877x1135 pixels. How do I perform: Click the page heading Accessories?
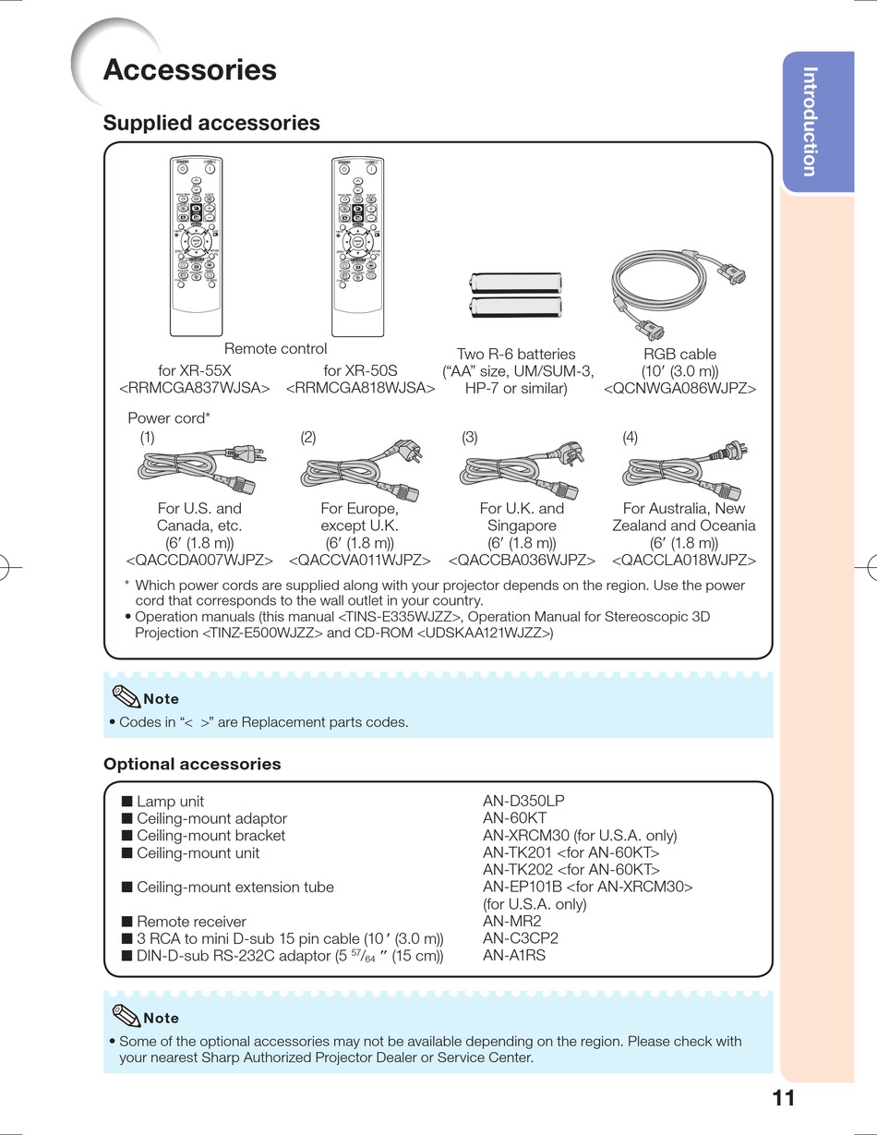[x=189, y=70]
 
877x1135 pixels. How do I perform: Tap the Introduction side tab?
[x=810, y=121]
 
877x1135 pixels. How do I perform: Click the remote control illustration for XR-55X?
[x=197, y=246]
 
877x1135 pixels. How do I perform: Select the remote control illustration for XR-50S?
[x=357, y=246]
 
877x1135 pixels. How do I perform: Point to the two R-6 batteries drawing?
[x=518, y=296]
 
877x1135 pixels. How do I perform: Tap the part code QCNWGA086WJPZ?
[x=679, y=389]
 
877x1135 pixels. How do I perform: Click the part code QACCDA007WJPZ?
[x=199, y=561]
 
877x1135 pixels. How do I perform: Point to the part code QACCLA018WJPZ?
[x=684, y=561]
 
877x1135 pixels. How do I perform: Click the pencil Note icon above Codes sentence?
[x=124, y=696]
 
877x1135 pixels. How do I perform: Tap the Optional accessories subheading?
[x=192, y=764]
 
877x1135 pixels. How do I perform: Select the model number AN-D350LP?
[x=523, y=802]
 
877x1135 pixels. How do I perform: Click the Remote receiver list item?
[x=191, y=921]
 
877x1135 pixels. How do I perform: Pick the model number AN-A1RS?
[x=514, y=955]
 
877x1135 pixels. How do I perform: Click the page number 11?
[x=784, y=1097]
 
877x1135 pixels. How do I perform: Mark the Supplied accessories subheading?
[x=211, y=123]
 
